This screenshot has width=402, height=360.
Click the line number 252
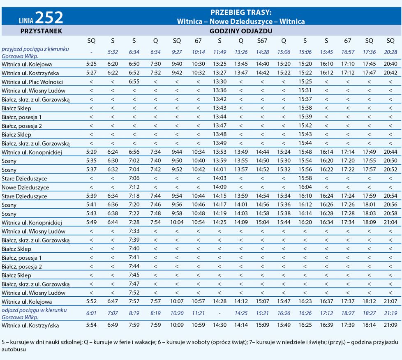click(x=49, y=17)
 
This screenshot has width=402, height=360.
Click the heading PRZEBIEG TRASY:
click(x=241, y=12)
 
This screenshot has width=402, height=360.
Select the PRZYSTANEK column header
click(x=41, y=31)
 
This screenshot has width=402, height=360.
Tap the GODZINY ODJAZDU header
click(x=241, y=31)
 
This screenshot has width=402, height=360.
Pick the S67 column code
click(x=262, y=41)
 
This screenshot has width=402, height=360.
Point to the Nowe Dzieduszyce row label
click(x=25, y=187)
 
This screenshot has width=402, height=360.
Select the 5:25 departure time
click(x=91, y=64)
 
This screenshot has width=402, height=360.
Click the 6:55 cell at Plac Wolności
click(x=134, y=82)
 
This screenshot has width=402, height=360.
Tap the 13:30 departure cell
click(x=219, y=82)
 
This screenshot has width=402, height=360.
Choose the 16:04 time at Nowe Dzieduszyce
click(x=305, y=187)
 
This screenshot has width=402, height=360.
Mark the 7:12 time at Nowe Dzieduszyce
click(x=134, y=187)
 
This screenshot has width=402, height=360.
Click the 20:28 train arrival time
click(x=390, y=52)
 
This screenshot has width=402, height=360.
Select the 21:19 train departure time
click(x=390, y=313)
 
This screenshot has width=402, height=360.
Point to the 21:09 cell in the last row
click(x=390, y=325)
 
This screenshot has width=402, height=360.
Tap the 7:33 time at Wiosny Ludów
click(x=134, y=231)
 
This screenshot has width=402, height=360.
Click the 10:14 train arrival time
click(x=198, y=52)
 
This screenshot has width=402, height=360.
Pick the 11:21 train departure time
click(x=198, y=313)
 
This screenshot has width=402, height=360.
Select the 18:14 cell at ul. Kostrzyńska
click(x=369, y=325)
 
